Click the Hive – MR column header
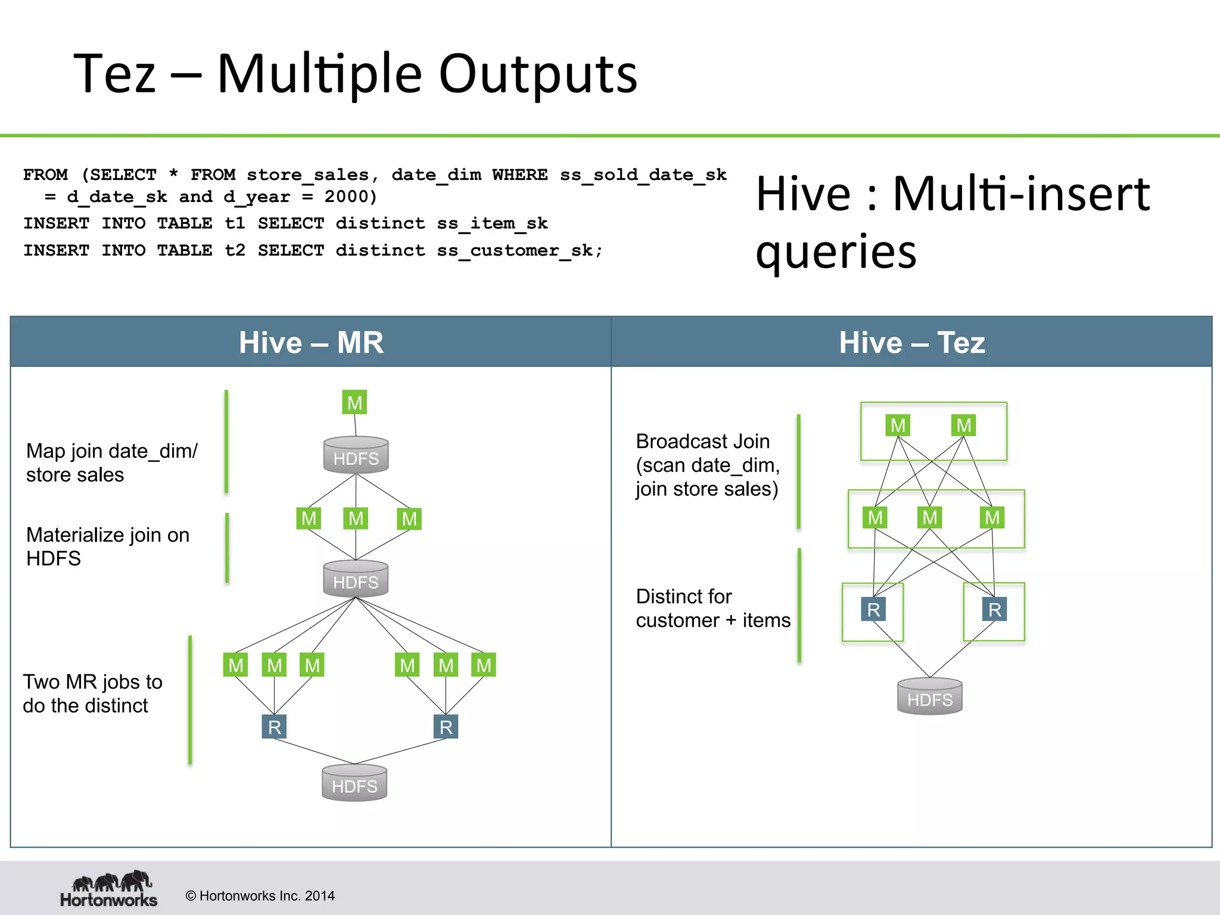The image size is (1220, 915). (x=311, y=343)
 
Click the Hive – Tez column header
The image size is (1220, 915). (x=911, y=343)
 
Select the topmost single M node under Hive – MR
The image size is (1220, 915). (x=354, y=403)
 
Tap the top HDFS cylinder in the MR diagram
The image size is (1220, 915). (x=356, y=456)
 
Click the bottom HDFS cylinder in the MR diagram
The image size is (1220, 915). (x=354, y=783)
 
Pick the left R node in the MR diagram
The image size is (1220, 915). (x=274, y=727)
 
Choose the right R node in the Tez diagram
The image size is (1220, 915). (x=994, y=609)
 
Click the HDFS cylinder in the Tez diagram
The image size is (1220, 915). (x=929, y=697)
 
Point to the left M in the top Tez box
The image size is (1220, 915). (x=898, y=425)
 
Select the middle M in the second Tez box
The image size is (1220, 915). (x=929, y=517)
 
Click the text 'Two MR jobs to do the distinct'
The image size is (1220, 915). (x=92, y=693)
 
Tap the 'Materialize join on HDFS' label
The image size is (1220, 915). (x=107, y=546)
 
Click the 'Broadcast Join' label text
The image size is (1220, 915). (x=702, y=441)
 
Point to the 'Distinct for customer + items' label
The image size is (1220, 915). (x=712, y=608)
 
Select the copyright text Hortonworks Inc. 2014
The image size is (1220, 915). (x=260, y=896)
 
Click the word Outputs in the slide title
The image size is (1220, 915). (x=538, y=74)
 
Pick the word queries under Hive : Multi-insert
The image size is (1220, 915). (x=836, y=252)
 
